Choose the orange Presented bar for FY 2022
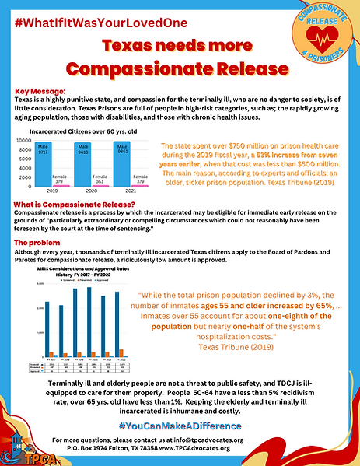[120, 353]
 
